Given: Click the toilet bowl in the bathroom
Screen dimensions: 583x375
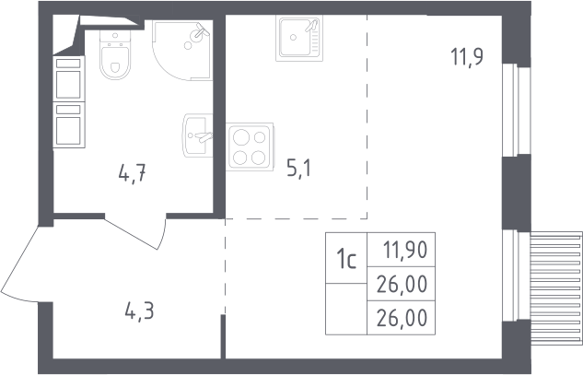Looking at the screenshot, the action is point(115,62).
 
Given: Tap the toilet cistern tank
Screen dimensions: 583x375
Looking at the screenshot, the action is point(115,36).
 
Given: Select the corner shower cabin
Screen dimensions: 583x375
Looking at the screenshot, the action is point(182,51).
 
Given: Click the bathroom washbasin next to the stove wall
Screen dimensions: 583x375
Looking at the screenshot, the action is point(197,135).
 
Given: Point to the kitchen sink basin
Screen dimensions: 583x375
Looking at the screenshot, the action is point(299,38).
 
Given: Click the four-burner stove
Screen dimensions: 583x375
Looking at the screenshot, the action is point(250,146).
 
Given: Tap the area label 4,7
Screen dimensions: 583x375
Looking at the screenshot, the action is point(132,174).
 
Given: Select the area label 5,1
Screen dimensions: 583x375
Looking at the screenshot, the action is point(299,169).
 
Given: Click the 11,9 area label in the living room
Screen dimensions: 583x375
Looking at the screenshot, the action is point(467,57).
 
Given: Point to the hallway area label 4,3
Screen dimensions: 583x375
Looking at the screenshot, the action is point(139,311).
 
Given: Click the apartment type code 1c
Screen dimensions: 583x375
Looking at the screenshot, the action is point(346,259).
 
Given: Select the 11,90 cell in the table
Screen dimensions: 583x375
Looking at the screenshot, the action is point(405,250).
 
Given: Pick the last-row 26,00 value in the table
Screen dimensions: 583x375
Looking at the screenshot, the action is point(402,318).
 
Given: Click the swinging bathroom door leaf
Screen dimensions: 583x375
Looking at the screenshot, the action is point(134,233).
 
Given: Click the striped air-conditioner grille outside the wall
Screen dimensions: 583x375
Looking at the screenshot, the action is point(556,288).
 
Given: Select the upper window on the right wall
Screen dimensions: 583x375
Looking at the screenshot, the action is point(516,111).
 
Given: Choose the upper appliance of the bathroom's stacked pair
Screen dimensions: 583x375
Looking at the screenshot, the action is point(69,78).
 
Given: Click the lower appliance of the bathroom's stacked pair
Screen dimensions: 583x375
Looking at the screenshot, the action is point(69,124).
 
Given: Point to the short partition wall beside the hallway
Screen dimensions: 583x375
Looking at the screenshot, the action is point(223,336).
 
